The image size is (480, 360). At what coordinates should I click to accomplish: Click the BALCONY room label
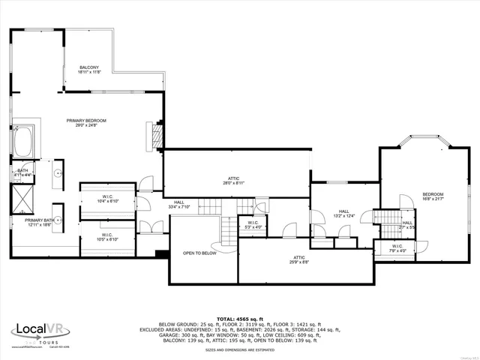[89, 70]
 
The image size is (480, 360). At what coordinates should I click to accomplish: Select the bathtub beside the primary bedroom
[22, 141]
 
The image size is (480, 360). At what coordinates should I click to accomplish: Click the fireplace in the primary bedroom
[157, 134]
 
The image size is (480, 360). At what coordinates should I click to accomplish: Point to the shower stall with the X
[22, 198]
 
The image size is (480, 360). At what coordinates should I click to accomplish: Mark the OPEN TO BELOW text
[199, 253]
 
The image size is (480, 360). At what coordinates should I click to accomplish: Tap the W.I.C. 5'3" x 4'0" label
[252, 225]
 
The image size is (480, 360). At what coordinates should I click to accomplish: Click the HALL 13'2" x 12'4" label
[343, 214]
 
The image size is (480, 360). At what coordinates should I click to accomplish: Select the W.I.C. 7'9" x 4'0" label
[397, 247]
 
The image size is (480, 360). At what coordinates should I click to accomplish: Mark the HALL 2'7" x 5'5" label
[407, 223]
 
